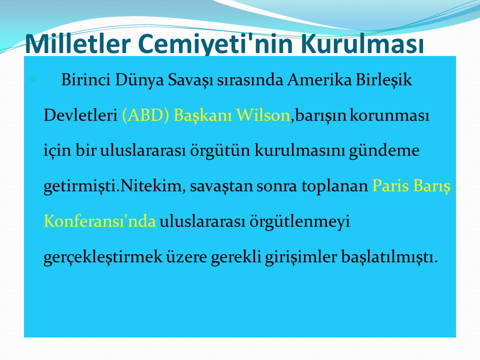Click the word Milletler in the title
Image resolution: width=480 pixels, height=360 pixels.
[78, 43]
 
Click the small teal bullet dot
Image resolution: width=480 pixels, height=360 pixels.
[33, 80]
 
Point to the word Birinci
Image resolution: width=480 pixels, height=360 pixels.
[85, 80]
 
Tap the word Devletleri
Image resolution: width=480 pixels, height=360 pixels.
[80, 115]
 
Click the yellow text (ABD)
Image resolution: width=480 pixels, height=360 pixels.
[145, 115]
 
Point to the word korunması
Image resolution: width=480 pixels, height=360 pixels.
[389, 115]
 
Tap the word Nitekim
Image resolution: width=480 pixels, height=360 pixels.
[150, 186]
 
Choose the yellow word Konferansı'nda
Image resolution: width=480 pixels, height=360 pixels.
[100, 221]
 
